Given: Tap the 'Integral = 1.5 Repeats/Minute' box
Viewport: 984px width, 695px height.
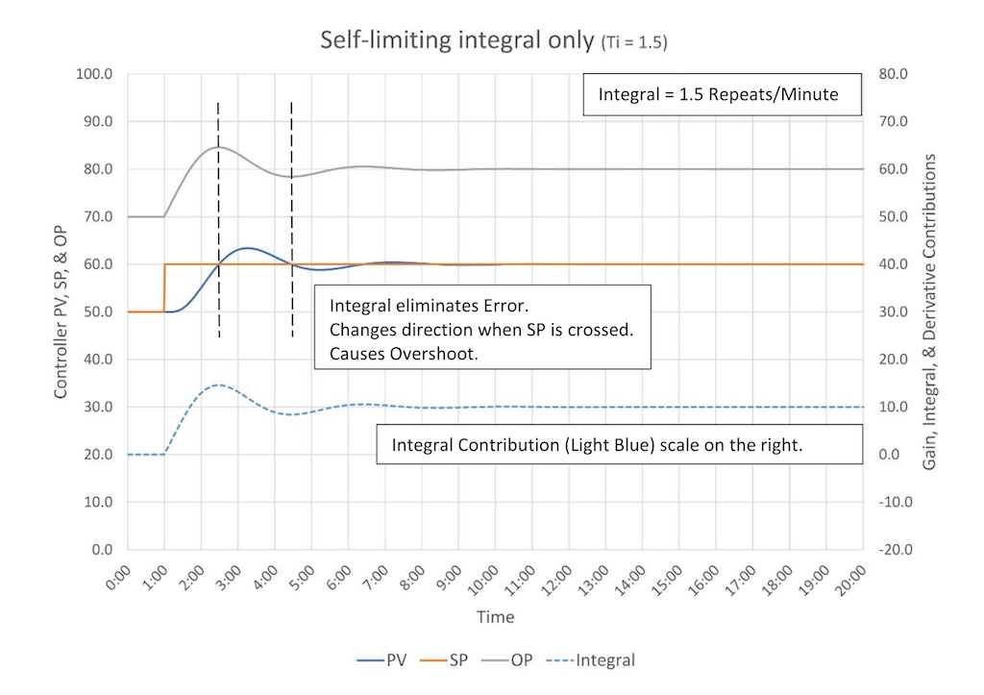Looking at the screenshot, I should pyautogui.click(x=718, y=95).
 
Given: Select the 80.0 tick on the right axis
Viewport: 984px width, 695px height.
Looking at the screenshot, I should pyautogui.click(x=895, y=74).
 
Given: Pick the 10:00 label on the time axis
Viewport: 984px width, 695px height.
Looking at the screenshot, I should pyautogui.click(x=485, y=580).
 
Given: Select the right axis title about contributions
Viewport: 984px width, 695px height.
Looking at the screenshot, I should pyautogui.click(x=930, y=312).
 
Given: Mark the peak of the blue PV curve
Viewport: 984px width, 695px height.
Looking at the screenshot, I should pyautogui.click(x=247, y=248).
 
